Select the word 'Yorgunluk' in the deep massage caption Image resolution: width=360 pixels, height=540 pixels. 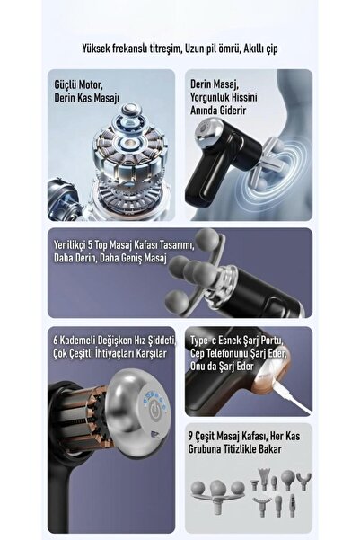[207, 97]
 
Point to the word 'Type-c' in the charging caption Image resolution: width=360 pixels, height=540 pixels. [204, 341]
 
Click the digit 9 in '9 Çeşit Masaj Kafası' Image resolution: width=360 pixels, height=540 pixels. [190, 437]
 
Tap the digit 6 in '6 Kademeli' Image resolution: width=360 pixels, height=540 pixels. [56, 341]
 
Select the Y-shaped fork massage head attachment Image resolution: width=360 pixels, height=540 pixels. [303, 481]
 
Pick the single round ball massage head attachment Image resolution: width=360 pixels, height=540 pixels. [287, 480]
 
